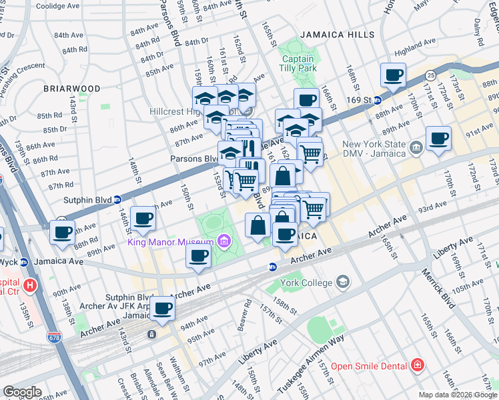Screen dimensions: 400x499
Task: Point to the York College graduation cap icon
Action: pyautogui.click(x=343, y=283)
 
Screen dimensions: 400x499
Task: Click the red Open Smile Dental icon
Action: pyautogui.click(x=417, y=365)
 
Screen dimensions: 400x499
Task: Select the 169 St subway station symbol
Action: pyautogui.click(x=377, y=101)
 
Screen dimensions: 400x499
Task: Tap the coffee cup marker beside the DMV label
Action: pyautogui.click(x=438, y=139)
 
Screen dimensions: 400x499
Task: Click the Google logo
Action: pyautogui.click(x=22, y=392)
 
